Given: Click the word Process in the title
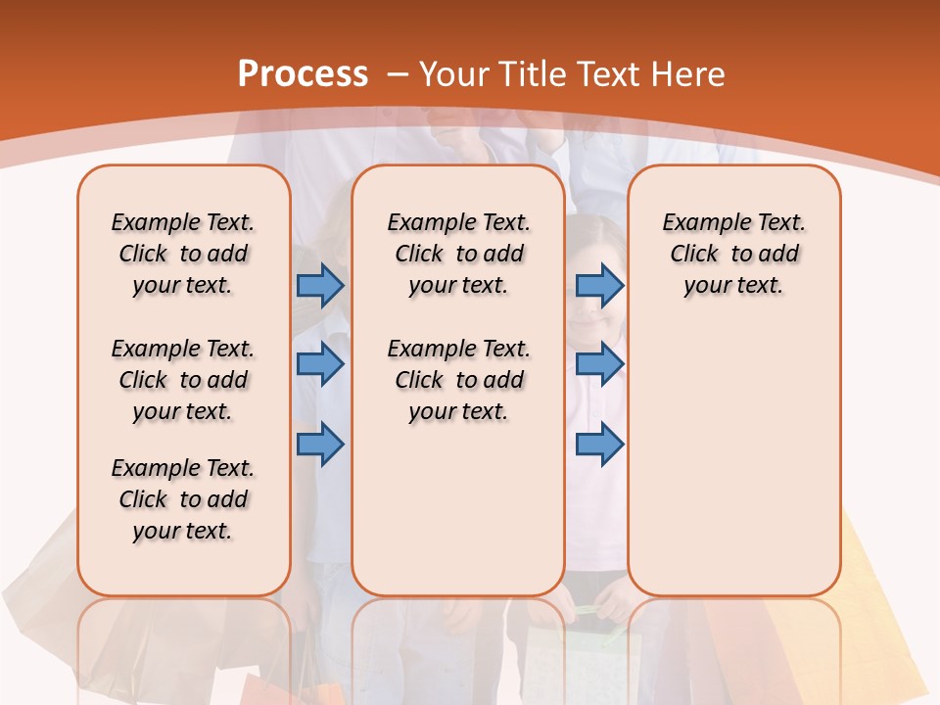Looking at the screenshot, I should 303,73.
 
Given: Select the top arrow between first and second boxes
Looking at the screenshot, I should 320,285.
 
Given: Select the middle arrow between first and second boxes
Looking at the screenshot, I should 320,364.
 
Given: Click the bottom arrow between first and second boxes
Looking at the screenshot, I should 320,444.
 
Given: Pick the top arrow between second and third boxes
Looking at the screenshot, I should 599,285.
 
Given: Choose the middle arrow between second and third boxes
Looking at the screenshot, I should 599,364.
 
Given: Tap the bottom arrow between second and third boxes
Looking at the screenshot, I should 599,444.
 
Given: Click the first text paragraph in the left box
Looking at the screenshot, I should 183,254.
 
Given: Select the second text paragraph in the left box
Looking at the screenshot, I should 183,380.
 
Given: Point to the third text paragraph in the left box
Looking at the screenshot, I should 183,499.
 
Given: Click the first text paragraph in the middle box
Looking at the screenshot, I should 458,254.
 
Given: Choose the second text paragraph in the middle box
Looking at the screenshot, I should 458,380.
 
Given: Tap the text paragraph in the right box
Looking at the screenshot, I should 733,254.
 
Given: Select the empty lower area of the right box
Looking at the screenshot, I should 733,450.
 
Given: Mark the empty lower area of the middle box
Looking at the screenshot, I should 458,509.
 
